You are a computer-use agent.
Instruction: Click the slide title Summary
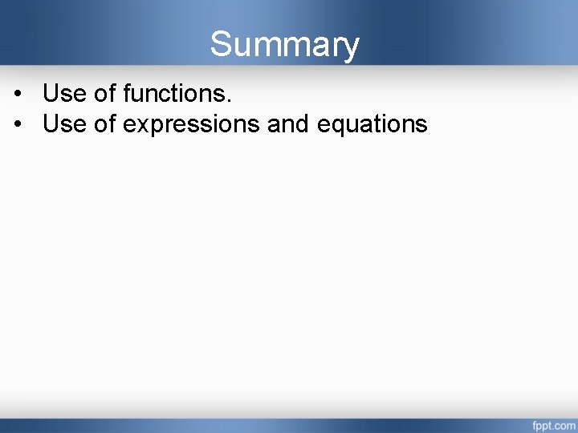point(284,45)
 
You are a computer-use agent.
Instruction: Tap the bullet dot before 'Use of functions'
point(18,95)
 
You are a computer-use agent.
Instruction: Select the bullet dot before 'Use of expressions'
point(18,125)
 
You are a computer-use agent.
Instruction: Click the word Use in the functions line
point(64,94)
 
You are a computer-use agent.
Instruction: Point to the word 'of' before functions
point(105,94)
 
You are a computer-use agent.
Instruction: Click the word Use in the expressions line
point(64,124)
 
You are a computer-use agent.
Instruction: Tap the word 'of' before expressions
point(105,124)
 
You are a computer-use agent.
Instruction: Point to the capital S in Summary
point(221,45)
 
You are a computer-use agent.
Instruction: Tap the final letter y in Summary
point(351,48)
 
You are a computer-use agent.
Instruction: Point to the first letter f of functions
point(128,94)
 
